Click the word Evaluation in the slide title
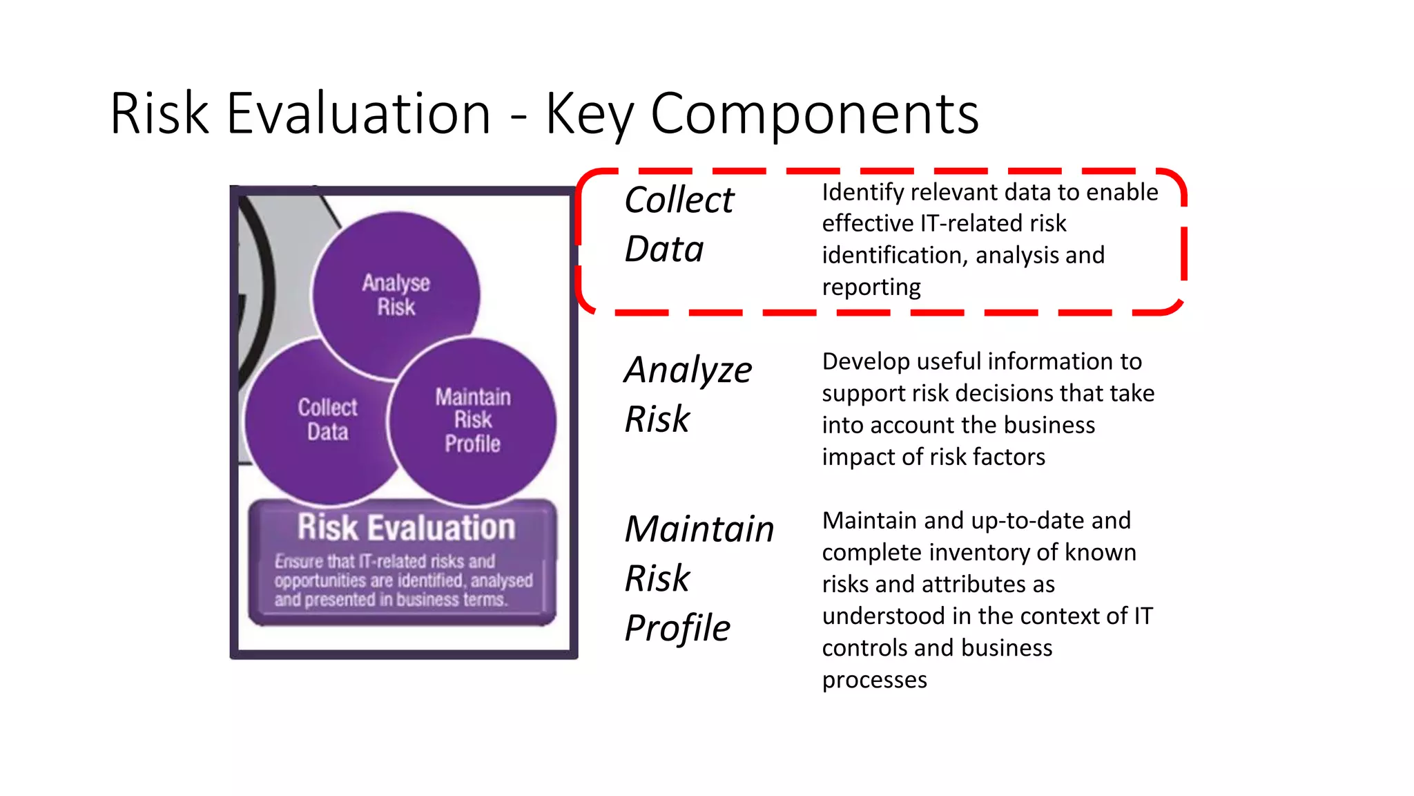358,113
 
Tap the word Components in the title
814,113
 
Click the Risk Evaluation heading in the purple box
406,527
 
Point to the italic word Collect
679,200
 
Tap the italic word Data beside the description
664,249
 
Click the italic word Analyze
688,370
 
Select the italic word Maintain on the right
699,529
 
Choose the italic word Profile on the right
677,628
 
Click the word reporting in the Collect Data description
871,287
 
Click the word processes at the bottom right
874,680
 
